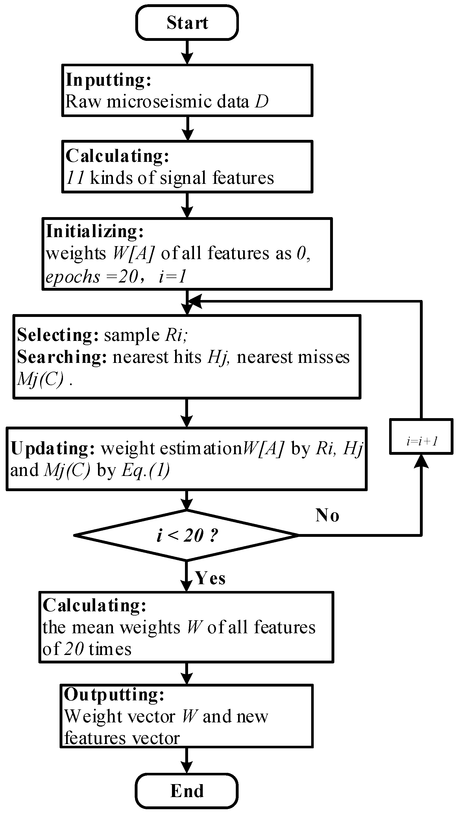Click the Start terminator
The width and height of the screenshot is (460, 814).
coord(187,23)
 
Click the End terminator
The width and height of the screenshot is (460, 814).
coord(187,791)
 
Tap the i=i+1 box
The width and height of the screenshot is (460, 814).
coord(421,441)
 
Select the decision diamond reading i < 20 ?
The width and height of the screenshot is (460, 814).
coord(187,535)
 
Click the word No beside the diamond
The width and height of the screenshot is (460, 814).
coord(327,515)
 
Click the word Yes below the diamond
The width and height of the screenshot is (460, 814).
coord(210,578)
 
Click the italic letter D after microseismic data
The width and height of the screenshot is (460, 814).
coord(262,102)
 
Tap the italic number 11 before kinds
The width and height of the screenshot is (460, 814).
coord(75,178)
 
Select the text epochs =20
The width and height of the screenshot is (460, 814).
coord(92,277)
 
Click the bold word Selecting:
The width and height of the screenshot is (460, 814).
coord(58,335)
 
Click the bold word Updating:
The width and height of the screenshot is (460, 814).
coord(53,448)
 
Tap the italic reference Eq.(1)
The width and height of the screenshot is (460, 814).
coord(146,471)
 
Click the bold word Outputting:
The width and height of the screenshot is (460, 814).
coord(114,694)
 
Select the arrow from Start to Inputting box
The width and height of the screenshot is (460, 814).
coord(187,52)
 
